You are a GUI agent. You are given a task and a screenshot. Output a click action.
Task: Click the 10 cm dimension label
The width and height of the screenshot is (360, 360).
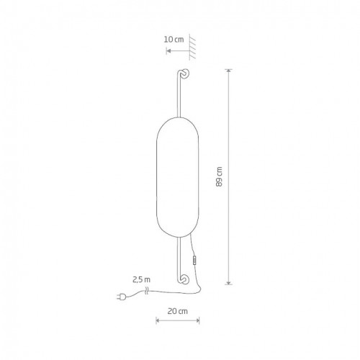click(174, 40)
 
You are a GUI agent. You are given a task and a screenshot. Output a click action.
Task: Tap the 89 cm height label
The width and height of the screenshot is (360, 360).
click(219, 176)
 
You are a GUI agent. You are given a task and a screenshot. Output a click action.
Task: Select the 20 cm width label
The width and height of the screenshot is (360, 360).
click(178, 311)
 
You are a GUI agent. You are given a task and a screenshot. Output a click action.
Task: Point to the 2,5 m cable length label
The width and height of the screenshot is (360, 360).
click(141, 279)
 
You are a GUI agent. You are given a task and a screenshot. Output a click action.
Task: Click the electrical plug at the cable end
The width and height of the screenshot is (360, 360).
click(122, 297)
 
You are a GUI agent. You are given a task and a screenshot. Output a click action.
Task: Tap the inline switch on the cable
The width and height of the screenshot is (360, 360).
click(194, 260)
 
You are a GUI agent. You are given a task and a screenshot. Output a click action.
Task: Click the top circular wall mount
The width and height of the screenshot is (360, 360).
click(185, 73)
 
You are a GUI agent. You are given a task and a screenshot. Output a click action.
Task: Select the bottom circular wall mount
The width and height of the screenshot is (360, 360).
click(185, 279)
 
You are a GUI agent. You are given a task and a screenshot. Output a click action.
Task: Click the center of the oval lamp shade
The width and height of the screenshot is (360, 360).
click(178, 177)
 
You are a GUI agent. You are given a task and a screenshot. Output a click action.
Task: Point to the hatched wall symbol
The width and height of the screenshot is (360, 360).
click(192, 47)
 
